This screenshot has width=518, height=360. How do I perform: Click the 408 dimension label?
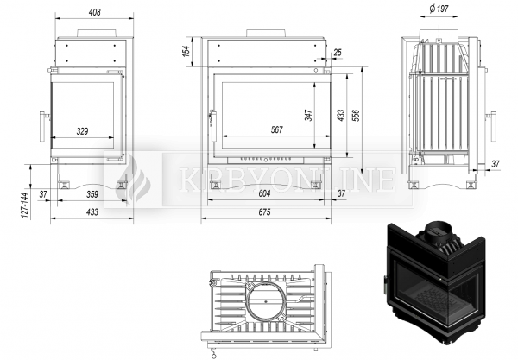[x=94, y=13]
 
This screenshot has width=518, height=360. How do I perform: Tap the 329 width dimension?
[x=82, y=131]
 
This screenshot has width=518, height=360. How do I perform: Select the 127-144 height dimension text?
[x=25, y=205]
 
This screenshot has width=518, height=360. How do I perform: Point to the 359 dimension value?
[x=92, y=194]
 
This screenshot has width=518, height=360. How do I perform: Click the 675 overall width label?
[x=265, y=212]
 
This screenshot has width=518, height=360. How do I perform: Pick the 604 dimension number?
[x=265, y=193]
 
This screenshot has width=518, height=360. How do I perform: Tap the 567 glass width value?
[x=277, y=129]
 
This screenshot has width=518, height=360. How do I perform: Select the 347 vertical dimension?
[x=308, y=116]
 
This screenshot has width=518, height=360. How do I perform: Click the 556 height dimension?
[x=356, y=115]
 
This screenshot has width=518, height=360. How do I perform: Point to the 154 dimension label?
[x=186, y=51]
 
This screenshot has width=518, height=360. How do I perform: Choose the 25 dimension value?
[x=338, y=52]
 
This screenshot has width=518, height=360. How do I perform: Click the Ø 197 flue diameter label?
[x=439, y=9]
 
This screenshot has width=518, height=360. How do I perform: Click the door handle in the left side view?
[x=44, y=127]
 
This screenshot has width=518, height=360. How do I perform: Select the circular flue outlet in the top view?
[x=266, y=301]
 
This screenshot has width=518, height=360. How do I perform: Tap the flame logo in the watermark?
[x=135, y=180]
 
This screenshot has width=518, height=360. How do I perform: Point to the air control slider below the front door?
[x=266, y=160]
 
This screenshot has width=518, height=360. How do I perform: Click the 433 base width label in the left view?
[x=92, y=212]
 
